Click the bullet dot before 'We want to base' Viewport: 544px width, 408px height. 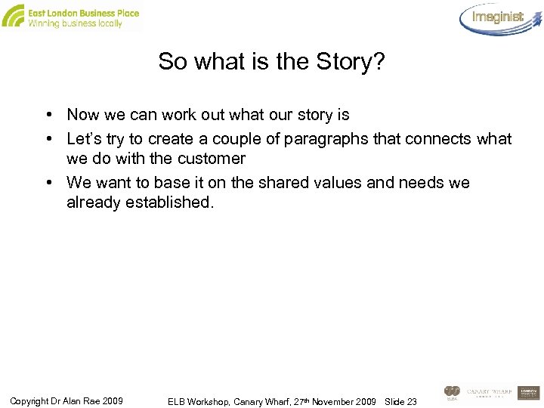tap(48, 183)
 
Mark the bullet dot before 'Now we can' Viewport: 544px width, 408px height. tap(48, 115)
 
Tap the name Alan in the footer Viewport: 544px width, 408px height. tap(84, 400)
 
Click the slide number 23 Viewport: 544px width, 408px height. tap(412, 400)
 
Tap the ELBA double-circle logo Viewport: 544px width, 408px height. tap(452, 392)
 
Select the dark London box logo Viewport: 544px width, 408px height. tap(528, 393)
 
